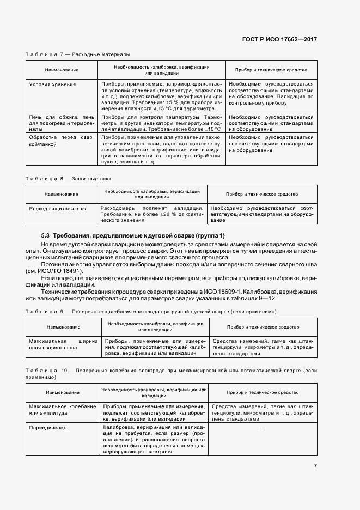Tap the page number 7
(315, 465)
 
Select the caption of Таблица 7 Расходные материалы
(78, 54)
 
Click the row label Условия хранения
(52, 84)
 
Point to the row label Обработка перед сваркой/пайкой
(62, 143)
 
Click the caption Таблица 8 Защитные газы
(72, 178)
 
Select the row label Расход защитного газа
(58, 208)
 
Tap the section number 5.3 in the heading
(46, 235)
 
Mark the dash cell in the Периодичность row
(263, 428)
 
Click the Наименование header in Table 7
(62, 70)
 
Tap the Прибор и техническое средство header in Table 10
(263, 392)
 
